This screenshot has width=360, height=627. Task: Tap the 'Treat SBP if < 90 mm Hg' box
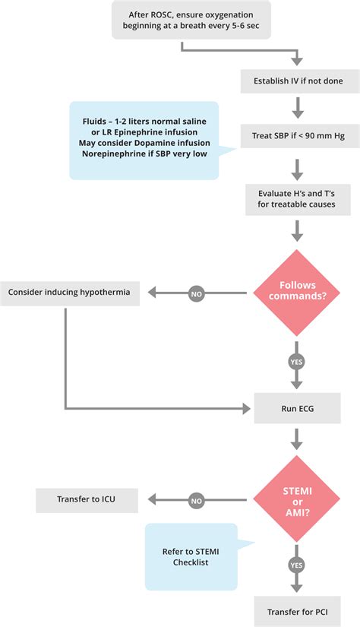[x=297, y=136]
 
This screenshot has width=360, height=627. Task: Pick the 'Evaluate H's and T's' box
[x=297, y=201]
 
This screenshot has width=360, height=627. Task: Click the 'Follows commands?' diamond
[x=297, y=292]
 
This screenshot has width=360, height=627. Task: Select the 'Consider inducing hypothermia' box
[x=70, y=292]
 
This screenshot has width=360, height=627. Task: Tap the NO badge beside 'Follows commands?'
[x=196, y=292]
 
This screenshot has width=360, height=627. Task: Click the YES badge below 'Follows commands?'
[x=297, y=361]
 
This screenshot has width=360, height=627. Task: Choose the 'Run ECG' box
[x=297, y=408]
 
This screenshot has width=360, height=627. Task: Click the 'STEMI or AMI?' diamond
[x=297, y=499]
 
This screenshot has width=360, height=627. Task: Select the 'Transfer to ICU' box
[x=87, y=499]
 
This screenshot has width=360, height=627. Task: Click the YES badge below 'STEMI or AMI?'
[x=297, y=566]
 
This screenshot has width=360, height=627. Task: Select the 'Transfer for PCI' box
[x=297, y=610]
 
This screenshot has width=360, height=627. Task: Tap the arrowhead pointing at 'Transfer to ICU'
[x=153, y=499]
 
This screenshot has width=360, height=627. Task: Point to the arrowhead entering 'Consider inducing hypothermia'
[x=153, y=292]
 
